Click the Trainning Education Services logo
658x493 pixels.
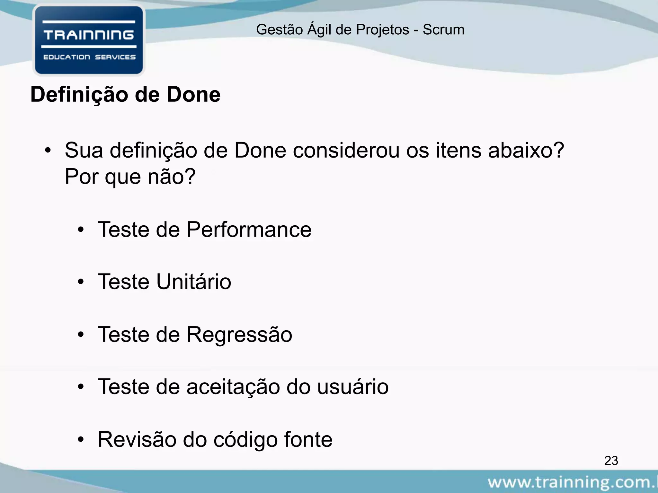click(x=89, y=40)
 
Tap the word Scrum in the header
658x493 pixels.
click(x=443, y=30)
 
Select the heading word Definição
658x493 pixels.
click(x=79, y=95)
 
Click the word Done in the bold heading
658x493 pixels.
click(x=193, y=95)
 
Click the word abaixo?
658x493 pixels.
click(x=526, y=151)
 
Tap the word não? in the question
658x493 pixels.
click(x=171, y=177)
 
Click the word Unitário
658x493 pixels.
click(x=193, y=282)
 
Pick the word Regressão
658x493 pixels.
click(x=239, y=335)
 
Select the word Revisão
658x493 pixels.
click(x=137, y=439)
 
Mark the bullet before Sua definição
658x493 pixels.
click(x=48, y=151)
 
